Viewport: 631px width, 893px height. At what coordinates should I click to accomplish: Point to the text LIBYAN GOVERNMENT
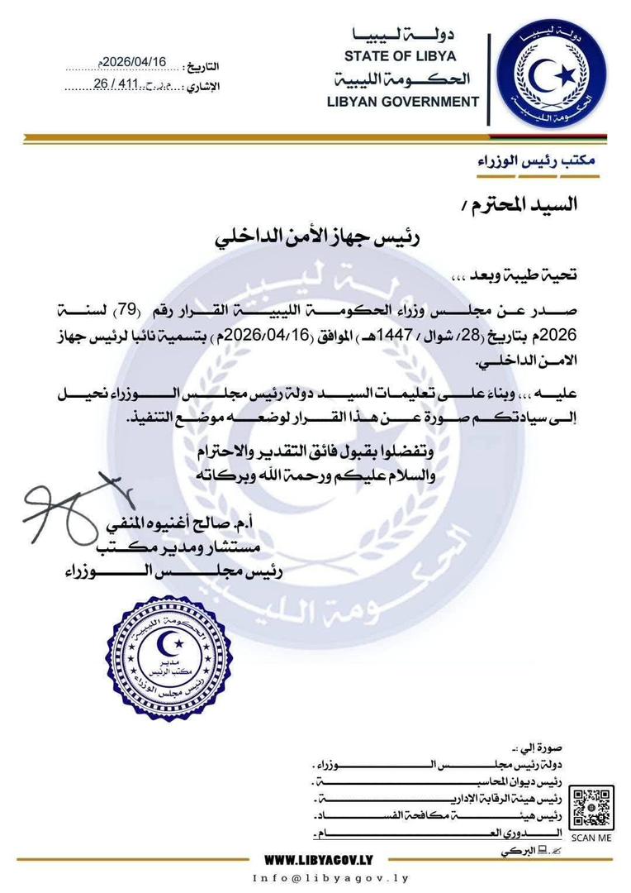tap(402, 102)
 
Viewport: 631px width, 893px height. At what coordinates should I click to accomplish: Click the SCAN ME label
tap(591, 838)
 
